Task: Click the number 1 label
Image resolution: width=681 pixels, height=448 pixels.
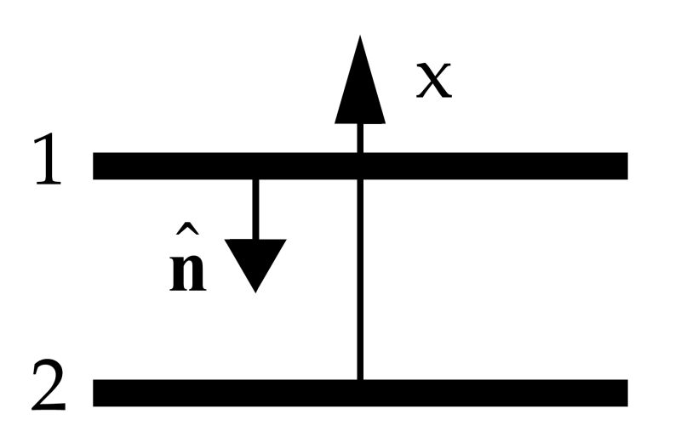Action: [49, 165]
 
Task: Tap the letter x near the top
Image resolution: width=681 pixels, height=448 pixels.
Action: [433, 82]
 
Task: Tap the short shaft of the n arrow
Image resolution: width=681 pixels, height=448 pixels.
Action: [255, 208]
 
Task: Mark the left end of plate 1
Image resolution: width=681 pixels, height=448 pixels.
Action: [96, 166]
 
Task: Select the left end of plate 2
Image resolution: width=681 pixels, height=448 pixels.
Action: [96, 391]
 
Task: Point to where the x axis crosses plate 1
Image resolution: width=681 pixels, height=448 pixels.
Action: [360, 166]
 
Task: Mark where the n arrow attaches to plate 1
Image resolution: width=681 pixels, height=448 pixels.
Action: [255, 179]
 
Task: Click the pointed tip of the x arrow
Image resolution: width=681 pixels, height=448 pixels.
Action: [360, 38]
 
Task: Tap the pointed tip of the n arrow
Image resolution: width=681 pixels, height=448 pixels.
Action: [255, 291]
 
